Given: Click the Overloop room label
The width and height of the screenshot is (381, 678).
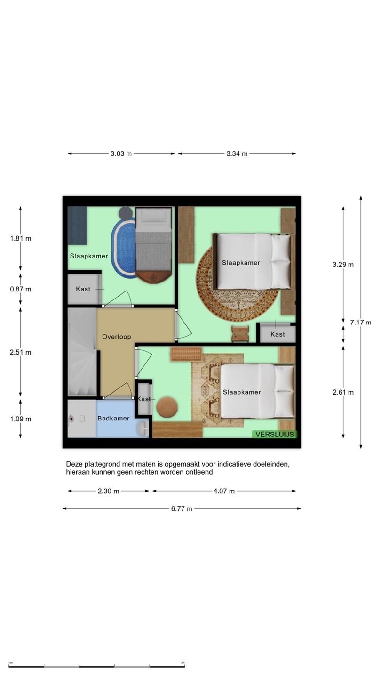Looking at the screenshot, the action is [x=117, y=337].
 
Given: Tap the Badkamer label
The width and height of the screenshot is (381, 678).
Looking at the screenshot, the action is [x=113, y=418].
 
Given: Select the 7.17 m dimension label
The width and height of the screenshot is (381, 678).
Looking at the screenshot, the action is [x=361, y=323].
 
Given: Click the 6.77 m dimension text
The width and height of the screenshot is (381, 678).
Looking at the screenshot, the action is [x=182, y=509].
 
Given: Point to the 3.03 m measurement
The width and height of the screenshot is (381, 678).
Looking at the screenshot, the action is [x=121, y=154].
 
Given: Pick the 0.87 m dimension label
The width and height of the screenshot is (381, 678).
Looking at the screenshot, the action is [x=21, y=289].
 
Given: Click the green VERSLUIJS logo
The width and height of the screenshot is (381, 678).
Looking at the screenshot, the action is [x=275, y=434].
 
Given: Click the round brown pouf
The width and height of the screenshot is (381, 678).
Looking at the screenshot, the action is [x=167, y=407].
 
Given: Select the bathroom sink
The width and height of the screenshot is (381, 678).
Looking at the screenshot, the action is [x=143, y=428].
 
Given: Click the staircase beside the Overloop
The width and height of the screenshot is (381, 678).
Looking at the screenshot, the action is [x=82, y=352].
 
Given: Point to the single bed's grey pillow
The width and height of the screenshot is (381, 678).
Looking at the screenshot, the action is [x=154, y=216].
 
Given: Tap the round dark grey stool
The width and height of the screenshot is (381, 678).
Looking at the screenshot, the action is [x=125, y=213].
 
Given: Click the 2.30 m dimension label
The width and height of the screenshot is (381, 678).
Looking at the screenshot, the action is [x=108, y=491].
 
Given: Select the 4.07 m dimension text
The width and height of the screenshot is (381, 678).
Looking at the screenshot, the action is [x=224, y=491].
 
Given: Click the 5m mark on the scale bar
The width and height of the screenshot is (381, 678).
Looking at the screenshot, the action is [x=183, y=663].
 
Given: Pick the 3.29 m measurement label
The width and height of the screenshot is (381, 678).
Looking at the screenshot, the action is [x=343, y=265].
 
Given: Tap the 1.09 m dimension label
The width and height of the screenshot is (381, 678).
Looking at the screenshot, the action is [x=21, y=419].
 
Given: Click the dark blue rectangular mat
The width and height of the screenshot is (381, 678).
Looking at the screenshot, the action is [x=77, y=226].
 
